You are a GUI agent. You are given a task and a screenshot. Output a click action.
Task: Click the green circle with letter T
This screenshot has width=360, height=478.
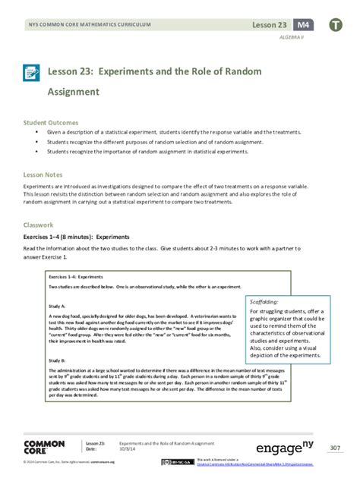pyautogui.click(x=335, y=26)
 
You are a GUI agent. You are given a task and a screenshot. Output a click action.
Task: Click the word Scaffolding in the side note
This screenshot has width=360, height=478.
pyautogui.click(x=264, y=301)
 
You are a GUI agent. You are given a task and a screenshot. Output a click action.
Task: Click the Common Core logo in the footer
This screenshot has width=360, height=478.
pyautogui.click(x=44, y=448)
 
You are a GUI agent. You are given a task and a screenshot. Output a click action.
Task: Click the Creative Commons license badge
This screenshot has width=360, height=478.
pyautogui.click(x=171, y=463)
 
